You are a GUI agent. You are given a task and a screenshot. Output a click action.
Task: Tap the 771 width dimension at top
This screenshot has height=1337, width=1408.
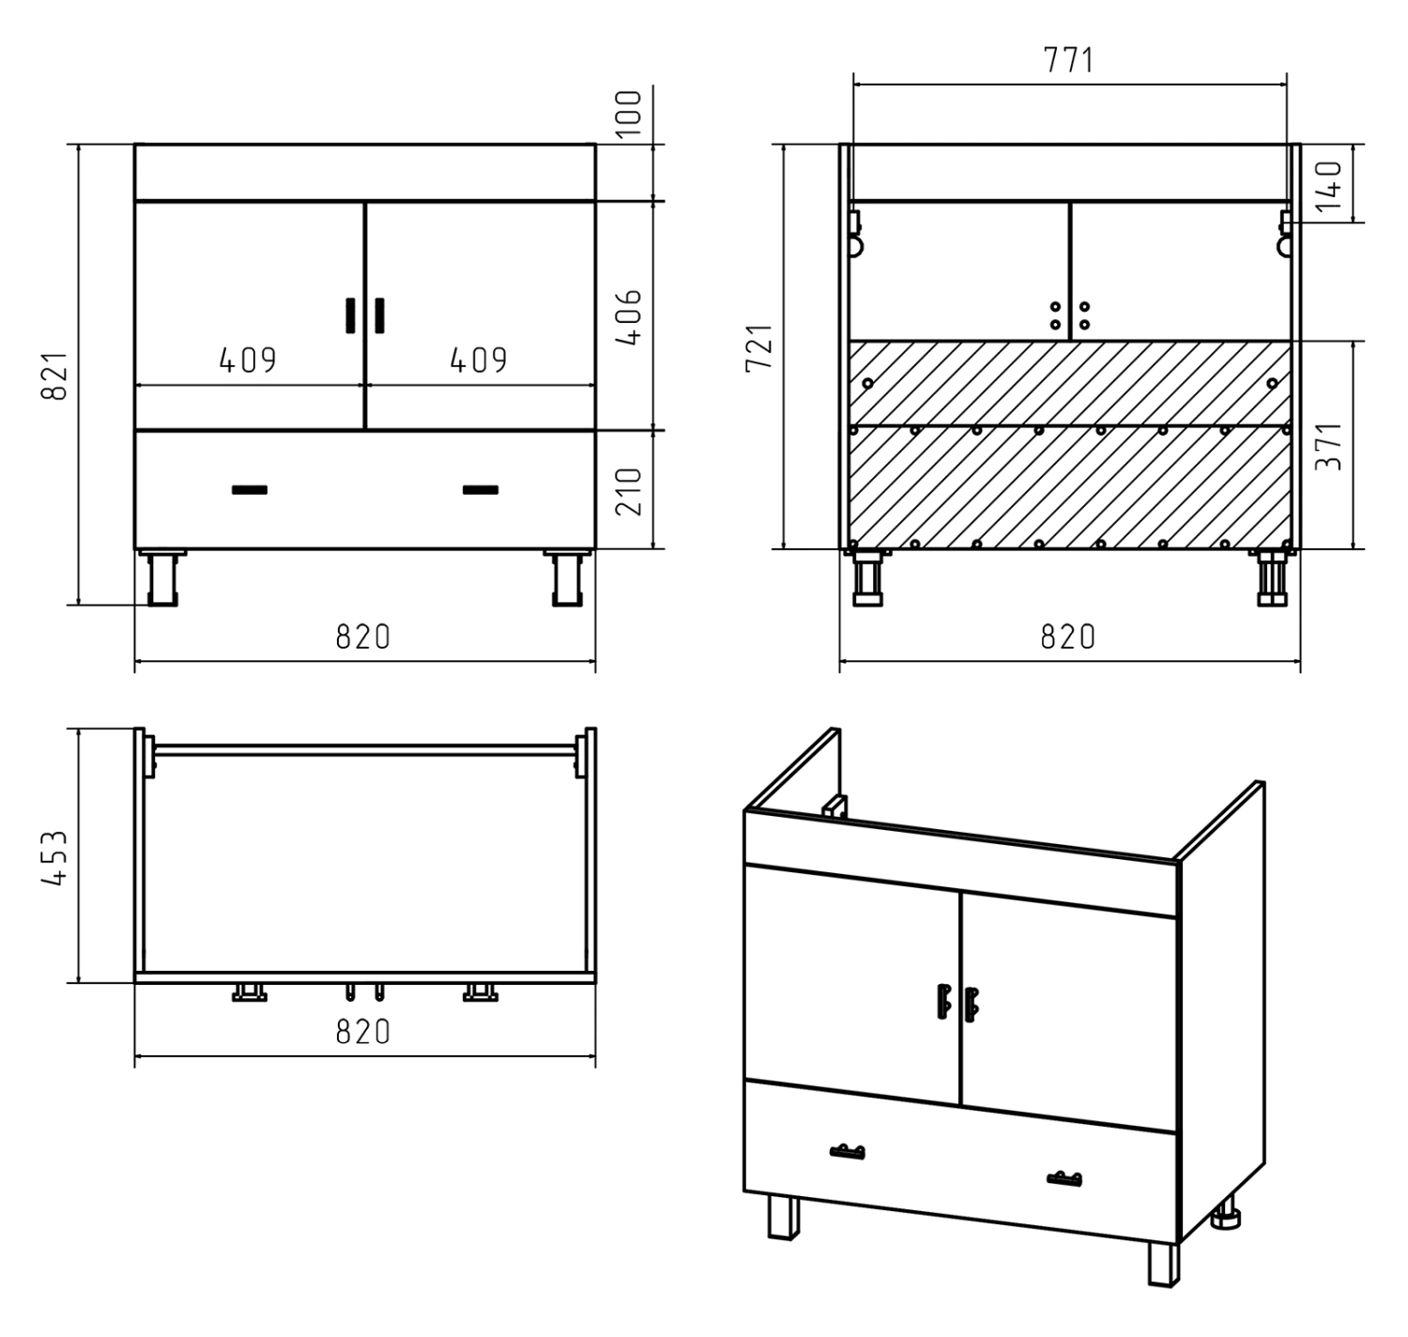click(1068, 60)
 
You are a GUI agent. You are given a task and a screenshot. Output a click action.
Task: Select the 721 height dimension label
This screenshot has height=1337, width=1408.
click(759, 347)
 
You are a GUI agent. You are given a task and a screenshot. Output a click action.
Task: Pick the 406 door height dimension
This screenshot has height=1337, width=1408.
click(629, 317)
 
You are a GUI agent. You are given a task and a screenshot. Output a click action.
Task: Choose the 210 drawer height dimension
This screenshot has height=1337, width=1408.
click(629, 492)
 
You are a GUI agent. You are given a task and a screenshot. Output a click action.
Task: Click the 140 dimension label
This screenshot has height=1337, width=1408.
click(1329, 185)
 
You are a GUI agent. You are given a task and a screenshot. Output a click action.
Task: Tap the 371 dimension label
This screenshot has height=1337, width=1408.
click(1329, 446)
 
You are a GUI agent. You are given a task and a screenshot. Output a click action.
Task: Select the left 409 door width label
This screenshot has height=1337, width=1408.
click(248, 360)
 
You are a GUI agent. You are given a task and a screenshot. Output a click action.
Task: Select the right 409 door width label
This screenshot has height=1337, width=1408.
click(479, 360)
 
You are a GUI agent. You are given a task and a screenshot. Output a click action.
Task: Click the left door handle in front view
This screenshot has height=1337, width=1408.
click(350, 316)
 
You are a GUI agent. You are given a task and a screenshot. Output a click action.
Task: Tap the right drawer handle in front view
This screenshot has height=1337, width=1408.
click(481, 490)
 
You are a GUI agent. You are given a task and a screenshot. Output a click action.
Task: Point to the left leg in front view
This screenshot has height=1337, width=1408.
click(162, 578)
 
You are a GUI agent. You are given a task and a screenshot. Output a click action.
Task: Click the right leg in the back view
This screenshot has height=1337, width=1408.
click(1272, 578)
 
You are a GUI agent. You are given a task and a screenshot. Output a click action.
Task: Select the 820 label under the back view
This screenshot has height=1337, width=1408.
click(1068, 637)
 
